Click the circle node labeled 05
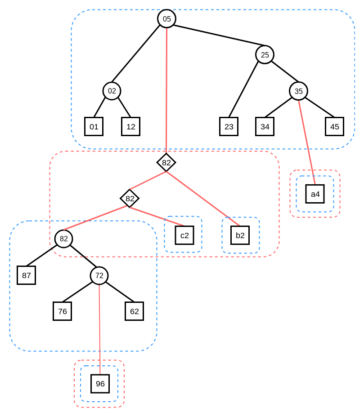166,19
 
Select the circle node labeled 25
265,55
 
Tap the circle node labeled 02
112,91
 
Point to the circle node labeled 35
298,91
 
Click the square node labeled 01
94,126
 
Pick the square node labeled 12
130,126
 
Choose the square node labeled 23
229,126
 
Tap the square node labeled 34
265,126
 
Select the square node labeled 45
334,126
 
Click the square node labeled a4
315,194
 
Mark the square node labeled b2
240,235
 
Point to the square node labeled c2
184,235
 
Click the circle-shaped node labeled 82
63,239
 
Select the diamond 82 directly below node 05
166,162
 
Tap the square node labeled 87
26,275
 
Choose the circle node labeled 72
99,275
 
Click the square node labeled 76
62,311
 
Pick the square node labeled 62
134,311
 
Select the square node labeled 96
100,384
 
